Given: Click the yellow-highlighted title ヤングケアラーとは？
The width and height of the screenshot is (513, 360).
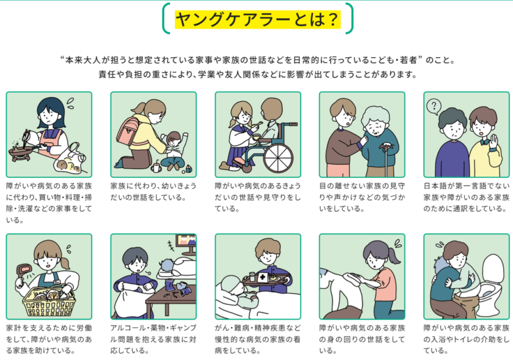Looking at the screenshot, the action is [258, 20].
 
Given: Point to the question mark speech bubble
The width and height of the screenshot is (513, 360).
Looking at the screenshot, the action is [434, 107].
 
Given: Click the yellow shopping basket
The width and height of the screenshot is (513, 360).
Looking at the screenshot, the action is [49, 302].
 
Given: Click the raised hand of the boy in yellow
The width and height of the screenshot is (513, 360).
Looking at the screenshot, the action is [493, 142].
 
